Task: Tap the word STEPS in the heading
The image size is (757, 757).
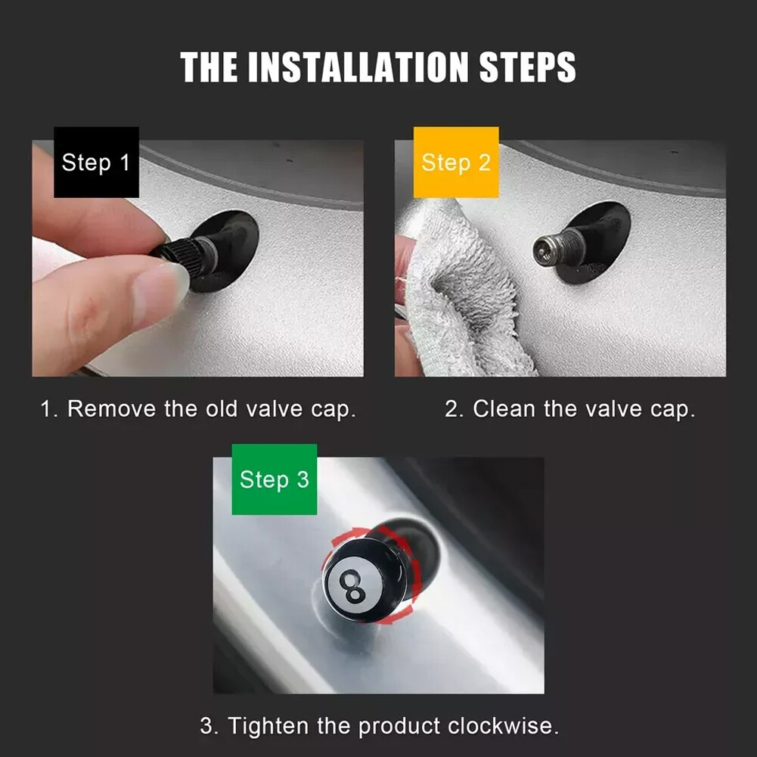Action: pyautogui.click(x=527, y=67)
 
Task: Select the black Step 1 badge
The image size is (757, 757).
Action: pyautogui.click(x=96, y=162)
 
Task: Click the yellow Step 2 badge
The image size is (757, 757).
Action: pyautogui.click(x=456, y=162)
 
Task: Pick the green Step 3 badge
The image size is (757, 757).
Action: pyautogui.click(x=275, y=479)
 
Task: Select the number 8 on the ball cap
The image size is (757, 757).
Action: pyautogui.click(x=352, y=586)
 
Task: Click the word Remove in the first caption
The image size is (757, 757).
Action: pyautogui.click(x=111, y=409)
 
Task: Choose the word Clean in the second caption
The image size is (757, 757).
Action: pyautogui.click(x=504, y=409)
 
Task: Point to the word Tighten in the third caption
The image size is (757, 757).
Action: pyautogui.click(x=268, y=726)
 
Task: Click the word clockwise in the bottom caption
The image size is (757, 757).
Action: pyautogui.click(x=503, y=726)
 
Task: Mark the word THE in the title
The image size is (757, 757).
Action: pyautogui.click(x=209, y=67)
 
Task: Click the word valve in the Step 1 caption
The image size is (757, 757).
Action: pyautogui.click(x=273, y=409)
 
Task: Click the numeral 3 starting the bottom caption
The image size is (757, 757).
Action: pyautogui.click(x=206, y=726)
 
